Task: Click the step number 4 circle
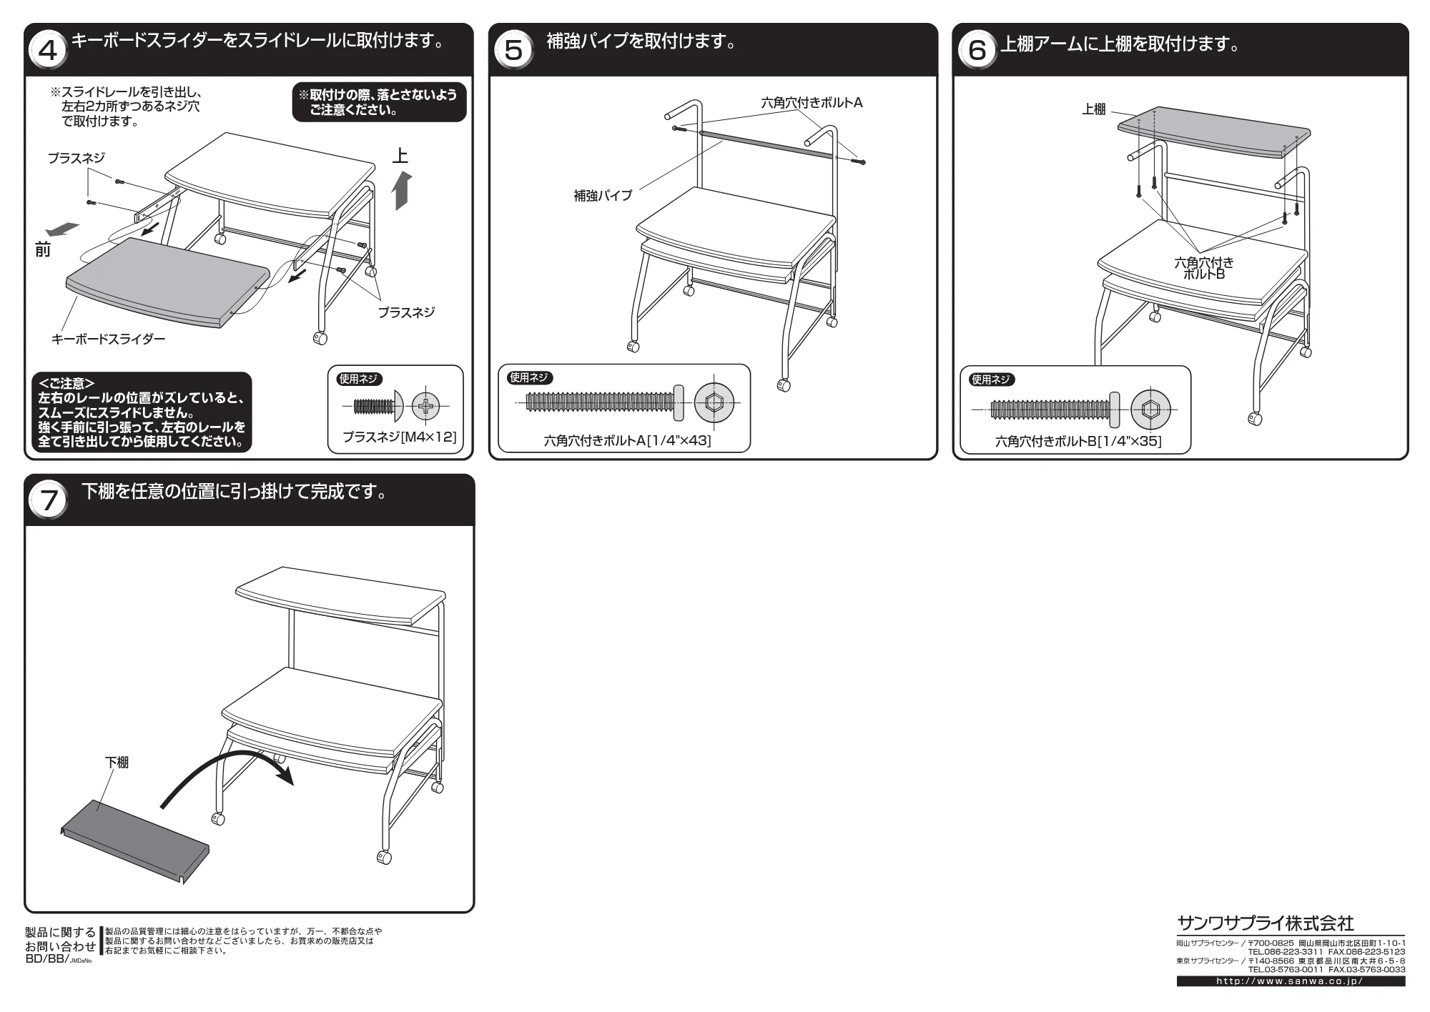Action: point(48,51)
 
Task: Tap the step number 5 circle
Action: point(513,51)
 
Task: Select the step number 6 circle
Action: point(977,51)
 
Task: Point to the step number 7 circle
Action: point(48,501)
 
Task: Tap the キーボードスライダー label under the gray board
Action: point(108,339)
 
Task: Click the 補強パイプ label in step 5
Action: point(603,195)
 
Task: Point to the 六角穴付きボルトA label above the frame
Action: point(812,103)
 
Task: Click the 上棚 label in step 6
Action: point(1094,109)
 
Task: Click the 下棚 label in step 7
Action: point(117,763)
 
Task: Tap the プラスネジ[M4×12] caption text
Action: point(399,436)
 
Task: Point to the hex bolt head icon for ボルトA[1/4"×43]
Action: point(713,402)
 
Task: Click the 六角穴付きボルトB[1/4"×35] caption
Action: point(1078,441)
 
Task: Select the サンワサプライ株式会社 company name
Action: point(1266,923)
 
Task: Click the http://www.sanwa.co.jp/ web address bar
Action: point(1291,981)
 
